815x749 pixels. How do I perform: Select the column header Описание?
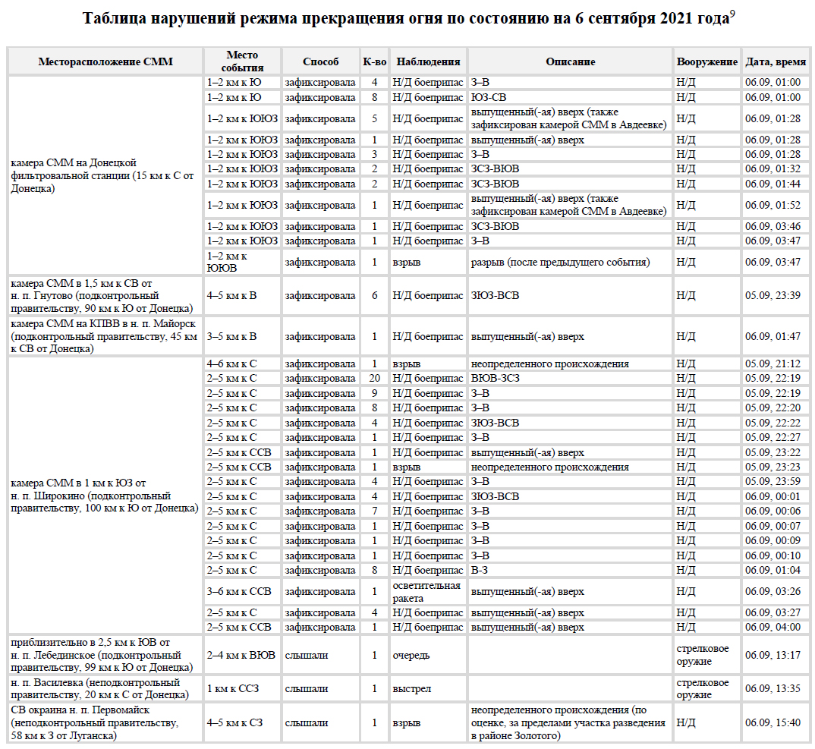pos(570,61)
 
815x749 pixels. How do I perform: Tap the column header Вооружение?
pos(706,61)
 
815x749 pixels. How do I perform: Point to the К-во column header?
pos(374,61)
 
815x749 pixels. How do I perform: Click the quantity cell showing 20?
pos(374,378)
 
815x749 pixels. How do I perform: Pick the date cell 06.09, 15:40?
pos(773,722)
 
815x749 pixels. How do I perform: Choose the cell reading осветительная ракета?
pos(426,592)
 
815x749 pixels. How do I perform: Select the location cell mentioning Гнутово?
pos(105,295)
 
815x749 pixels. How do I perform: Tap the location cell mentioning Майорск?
pos(105,335)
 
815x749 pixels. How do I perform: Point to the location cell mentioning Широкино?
pos(105,496)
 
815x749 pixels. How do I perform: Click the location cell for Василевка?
pos(105,688)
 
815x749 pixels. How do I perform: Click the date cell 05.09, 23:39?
pos(773,295)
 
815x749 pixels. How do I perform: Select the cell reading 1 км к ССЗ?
pos(234,688)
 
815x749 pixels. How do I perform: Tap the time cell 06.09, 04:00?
pos(773,627)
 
